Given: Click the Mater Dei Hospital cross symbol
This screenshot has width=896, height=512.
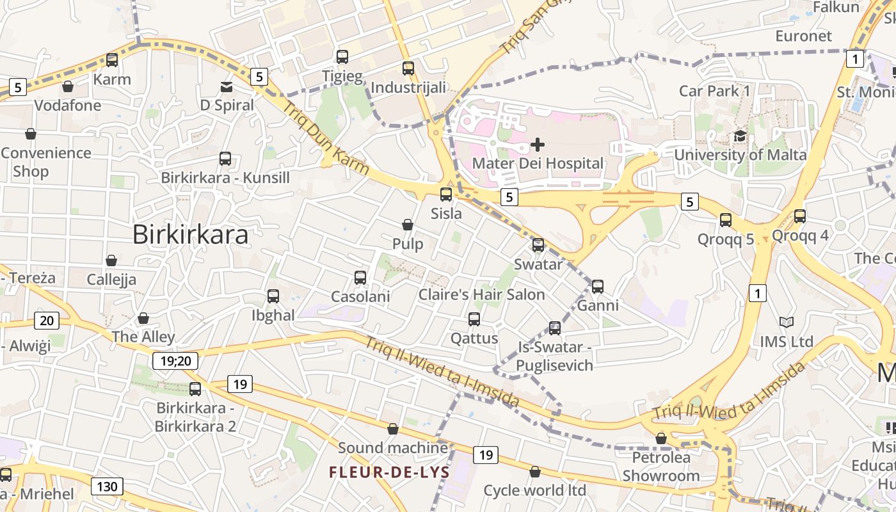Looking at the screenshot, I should [x=538, y=144].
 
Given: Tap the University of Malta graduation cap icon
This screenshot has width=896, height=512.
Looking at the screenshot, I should [x=740, y=136].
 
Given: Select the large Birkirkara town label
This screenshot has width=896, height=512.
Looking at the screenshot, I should [x=190, y=235].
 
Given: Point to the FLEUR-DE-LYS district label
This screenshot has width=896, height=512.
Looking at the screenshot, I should [x=389, y=472].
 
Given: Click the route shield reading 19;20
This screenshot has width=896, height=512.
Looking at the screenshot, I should [x=175, y=361].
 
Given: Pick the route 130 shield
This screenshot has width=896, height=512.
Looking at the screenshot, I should [x=107, y=486].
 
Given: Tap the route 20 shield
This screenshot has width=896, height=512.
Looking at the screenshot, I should [x=47, y=321].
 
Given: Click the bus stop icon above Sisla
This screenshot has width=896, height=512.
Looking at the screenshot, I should [x=446, y=195].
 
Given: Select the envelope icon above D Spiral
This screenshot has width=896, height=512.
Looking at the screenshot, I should [x=227, y=86].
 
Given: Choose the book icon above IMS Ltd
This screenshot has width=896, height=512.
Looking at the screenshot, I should [x=786, y=323].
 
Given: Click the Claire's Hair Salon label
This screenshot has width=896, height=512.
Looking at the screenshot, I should [x=481, y=295].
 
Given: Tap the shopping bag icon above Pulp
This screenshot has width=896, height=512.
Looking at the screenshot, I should [x=408, y=225].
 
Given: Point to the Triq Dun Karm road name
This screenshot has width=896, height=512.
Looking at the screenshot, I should [x=326, y=138].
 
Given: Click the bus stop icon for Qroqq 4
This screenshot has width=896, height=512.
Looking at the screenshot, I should [x=800, y=216].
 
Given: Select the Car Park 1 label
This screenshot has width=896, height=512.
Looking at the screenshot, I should [x=714, y=91].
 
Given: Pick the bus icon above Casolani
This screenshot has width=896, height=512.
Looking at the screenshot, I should [x=360, y=278].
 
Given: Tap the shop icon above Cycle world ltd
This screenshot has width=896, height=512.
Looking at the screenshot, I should [x=535, y=472].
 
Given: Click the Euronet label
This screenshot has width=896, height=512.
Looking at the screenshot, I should [x=803, y=36].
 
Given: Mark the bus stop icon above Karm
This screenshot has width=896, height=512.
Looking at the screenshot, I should [x=112, y=60].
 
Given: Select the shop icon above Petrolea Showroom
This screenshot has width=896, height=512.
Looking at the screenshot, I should [x=661, y=438].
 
